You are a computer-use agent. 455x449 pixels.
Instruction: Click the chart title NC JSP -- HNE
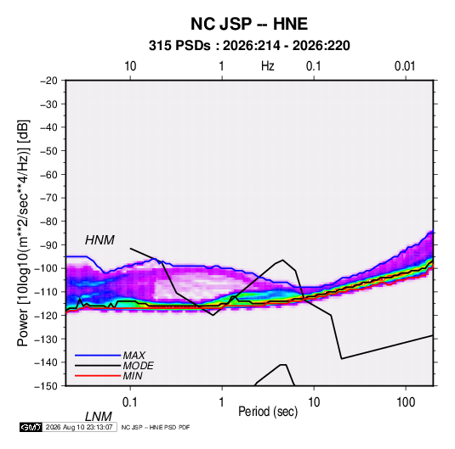[x=249, y=24]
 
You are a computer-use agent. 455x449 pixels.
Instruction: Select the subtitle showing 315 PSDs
[x=249, y=46]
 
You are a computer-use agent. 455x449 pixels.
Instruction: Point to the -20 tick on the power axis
[x=48, y=81]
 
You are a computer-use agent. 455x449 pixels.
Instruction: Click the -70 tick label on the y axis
[x=48, y=198]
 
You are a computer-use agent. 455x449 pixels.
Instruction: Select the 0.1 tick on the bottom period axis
[x=130, y=402]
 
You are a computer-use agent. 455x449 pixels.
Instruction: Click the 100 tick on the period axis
[x=406, y=402]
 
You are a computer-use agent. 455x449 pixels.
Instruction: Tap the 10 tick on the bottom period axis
[x=314, y=402]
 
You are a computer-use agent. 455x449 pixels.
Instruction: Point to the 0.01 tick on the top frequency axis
[x=405, y=66]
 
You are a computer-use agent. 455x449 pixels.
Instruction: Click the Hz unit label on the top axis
[x=268, y=66]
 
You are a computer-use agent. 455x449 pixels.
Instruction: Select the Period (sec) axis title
[x=268, y=412]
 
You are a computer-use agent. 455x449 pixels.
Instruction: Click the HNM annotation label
[x=100, y=240]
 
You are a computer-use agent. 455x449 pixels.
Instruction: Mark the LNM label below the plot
[x=98, y=417]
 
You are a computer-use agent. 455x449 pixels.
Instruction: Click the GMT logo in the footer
[x=31, y=427]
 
